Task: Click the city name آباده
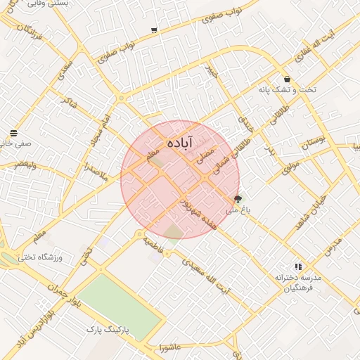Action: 179,143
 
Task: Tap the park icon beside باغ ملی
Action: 238,199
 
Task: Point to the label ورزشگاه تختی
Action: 58,258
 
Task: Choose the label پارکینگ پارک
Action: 112,329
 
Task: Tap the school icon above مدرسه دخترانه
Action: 298,266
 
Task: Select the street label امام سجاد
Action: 98,134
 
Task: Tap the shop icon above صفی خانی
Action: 14,132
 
